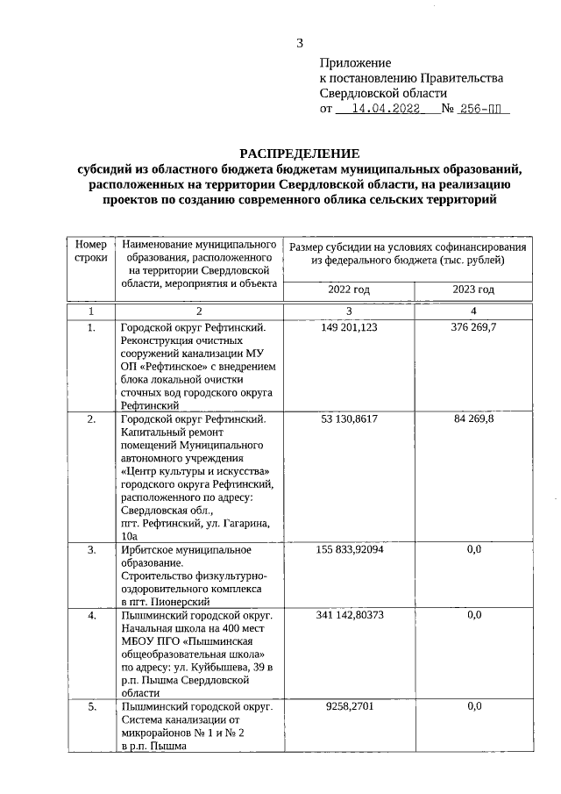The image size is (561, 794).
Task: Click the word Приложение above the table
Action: [x=355, y=63]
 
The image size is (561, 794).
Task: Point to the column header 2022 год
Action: [x=349, y=290]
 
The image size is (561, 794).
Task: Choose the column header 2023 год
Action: [x=473, y=290]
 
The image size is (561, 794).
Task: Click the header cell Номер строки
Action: [x=90, y=251]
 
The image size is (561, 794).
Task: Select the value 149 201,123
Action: [x=349, y=328]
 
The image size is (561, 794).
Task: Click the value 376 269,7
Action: [x=474, y=328]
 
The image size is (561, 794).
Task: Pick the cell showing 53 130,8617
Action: [x=349, y=419]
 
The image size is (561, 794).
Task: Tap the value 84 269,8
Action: [x=474, y=419]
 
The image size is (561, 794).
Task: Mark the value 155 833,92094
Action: [x=349, y=550]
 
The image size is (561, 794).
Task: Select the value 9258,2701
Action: [x=349, y=706]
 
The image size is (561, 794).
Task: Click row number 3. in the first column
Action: [x=91, y=550]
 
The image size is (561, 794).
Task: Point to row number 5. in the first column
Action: [x=91, y=706]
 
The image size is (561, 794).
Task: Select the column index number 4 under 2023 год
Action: [x=474, y=311]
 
